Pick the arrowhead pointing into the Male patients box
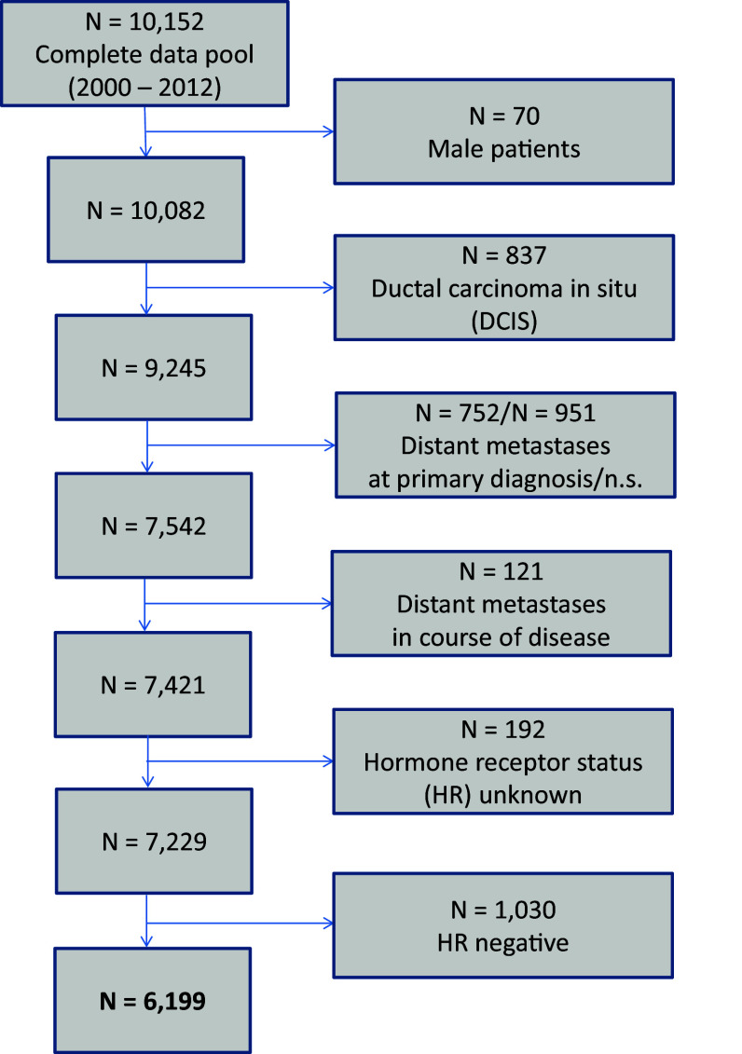pos(328,131)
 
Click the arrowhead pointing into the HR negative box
pos(328,924)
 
